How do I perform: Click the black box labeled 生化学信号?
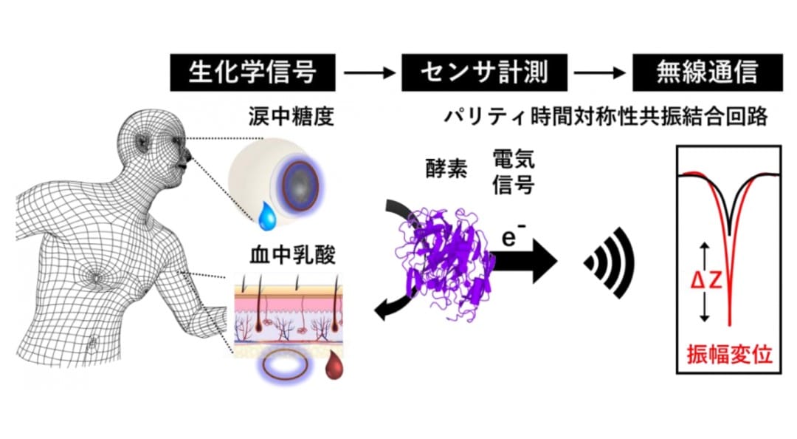252,72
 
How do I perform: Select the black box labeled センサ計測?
484,72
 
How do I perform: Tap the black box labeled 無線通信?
708,72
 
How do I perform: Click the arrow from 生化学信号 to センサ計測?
369,72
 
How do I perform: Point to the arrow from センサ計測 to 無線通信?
600,72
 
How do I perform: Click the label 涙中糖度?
291,117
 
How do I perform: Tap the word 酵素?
446,169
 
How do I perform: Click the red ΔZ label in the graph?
706,280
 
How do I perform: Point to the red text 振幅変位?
729,355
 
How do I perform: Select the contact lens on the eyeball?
300,186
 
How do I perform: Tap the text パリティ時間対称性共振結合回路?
606,117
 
